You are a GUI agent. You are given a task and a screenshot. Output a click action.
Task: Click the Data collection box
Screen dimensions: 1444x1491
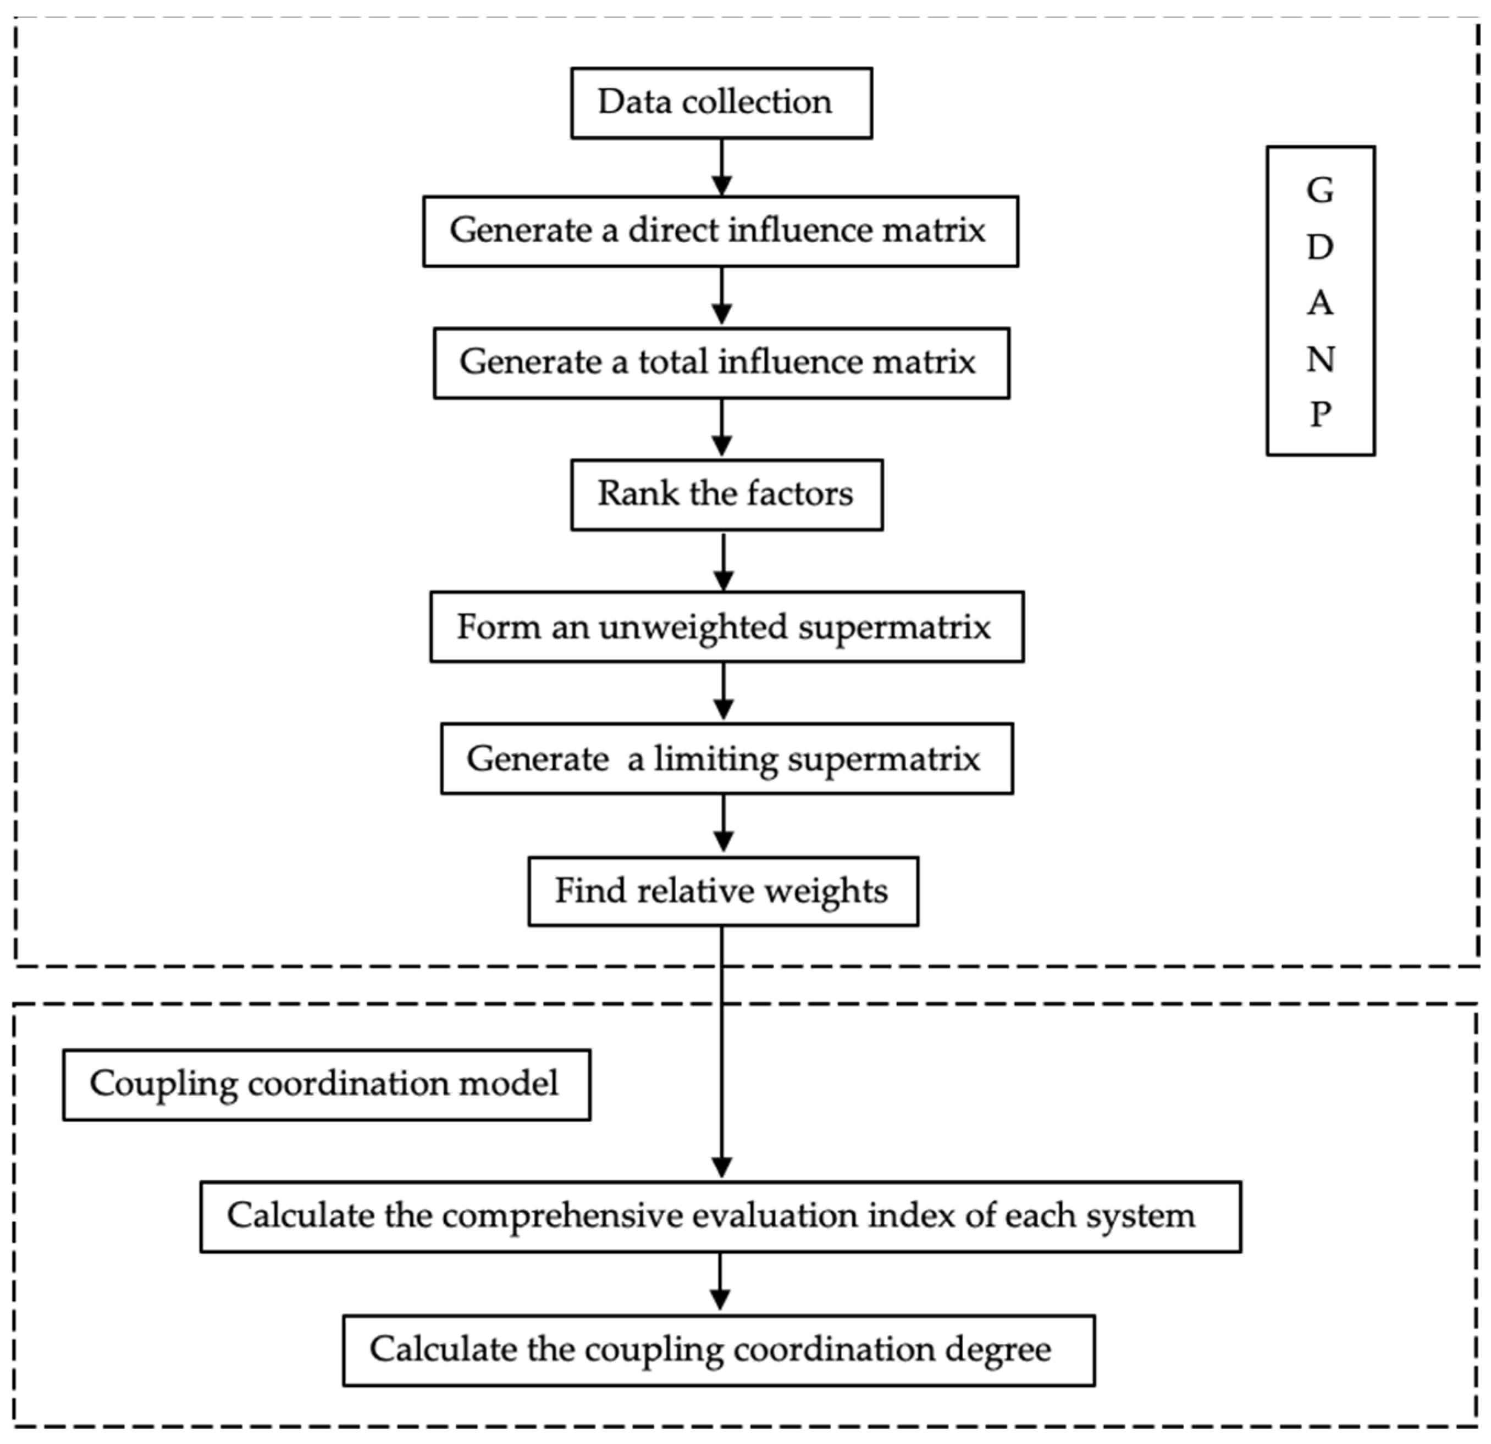721,103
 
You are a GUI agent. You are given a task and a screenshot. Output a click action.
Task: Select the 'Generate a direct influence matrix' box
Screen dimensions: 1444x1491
720,231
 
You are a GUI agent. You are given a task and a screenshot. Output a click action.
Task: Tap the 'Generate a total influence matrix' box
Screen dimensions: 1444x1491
721,363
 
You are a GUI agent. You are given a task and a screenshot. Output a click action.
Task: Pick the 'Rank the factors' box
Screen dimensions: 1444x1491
726,495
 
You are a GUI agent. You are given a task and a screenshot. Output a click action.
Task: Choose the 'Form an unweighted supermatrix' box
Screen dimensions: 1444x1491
726,626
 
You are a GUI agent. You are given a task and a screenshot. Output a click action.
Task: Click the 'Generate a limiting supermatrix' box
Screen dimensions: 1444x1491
726,758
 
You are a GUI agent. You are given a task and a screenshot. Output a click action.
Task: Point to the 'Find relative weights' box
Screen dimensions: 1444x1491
722,891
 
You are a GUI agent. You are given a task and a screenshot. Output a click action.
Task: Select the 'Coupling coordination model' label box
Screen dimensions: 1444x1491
327,1084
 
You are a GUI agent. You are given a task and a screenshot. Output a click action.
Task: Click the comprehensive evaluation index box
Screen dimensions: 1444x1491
720,1216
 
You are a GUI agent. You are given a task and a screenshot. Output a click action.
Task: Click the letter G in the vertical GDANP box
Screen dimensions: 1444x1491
1320,191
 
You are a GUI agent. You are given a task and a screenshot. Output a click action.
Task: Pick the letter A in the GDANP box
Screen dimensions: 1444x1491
1320,303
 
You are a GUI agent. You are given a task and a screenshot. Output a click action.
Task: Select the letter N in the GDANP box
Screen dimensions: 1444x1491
1320,359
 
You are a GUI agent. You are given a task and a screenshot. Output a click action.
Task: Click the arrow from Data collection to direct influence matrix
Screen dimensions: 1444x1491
721,167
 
